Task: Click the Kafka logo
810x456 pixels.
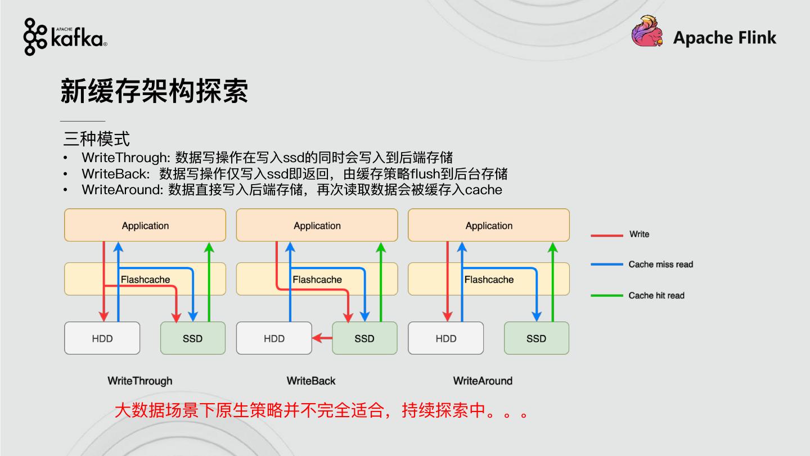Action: (65, 37)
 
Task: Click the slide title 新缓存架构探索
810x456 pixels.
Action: (154, 91)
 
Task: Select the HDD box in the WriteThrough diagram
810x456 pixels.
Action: (102, 338)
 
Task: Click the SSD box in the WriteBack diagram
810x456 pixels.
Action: (364, 338)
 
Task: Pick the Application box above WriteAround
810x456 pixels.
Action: (488, 225)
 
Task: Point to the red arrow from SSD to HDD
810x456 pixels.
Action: (322, 338)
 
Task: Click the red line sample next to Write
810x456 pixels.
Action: (606, 235)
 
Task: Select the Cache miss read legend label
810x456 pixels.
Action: (660, 265)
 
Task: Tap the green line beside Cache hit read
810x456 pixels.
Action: (606, 295)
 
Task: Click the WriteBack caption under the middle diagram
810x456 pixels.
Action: (310, 381)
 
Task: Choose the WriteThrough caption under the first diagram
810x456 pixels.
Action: (139, 381)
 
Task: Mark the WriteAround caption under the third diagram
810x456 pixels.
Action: (483, 381)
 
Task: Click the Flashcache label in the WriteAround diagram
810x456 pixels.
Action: (489, 279)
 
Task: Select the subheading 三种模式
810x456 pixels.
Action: (96, 138)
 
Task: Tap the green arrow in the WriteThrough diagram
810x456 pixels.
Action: (209, 281)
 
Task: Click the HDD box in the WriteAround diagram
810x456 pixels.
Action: (445, 338)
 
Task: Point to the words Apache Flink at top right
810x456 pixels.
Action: (724, 38)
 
